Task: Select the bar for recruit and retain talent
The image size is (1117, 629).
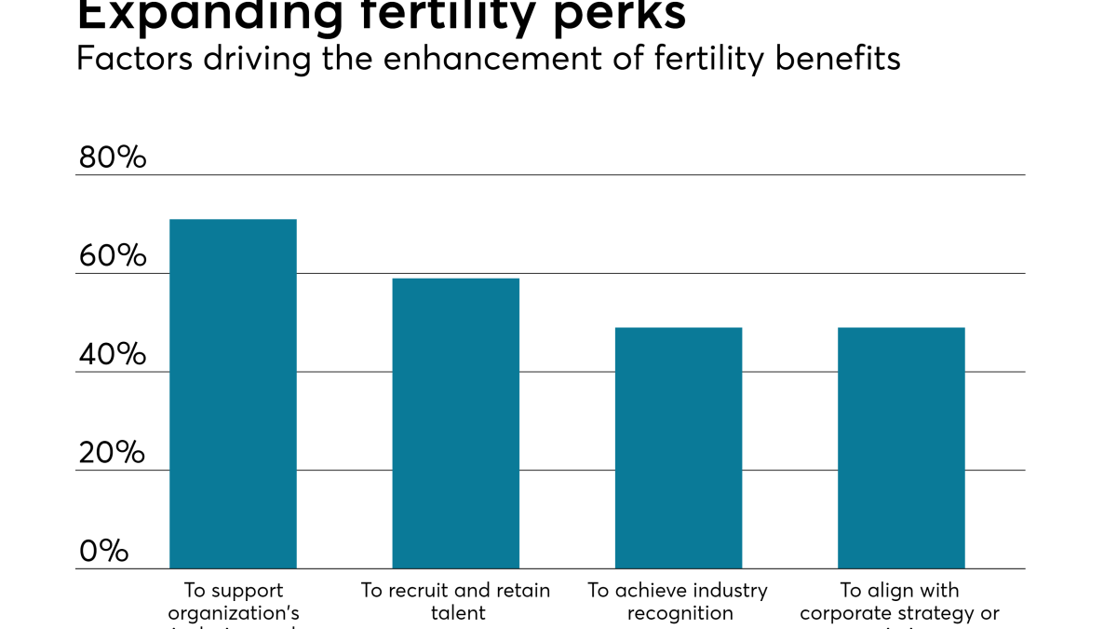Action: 455,424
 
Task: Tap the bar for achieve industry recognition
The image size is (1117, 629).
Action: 678,448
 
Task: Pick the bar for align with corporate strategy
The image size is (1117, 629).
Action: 901,448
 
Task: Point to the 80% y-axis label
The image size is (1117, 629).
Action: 113,157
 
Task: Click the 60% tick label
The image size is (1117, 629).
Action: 113,256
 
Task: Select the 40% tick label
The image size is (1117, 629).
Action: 113,355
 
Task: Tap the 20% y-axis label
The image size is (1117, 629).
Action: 113,454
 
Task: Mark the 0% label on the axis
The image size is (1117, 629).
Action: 103,552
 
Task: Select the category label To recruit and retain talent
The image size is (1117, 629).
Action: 455,601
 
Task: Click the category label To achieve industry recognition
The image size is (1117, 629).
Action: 678,601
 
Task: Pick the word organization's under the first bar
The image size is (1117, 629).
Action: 233,613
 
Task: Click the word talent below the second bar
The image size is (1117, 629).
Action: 458,613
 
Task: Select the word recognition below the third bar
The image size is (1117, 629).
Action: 680,613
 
